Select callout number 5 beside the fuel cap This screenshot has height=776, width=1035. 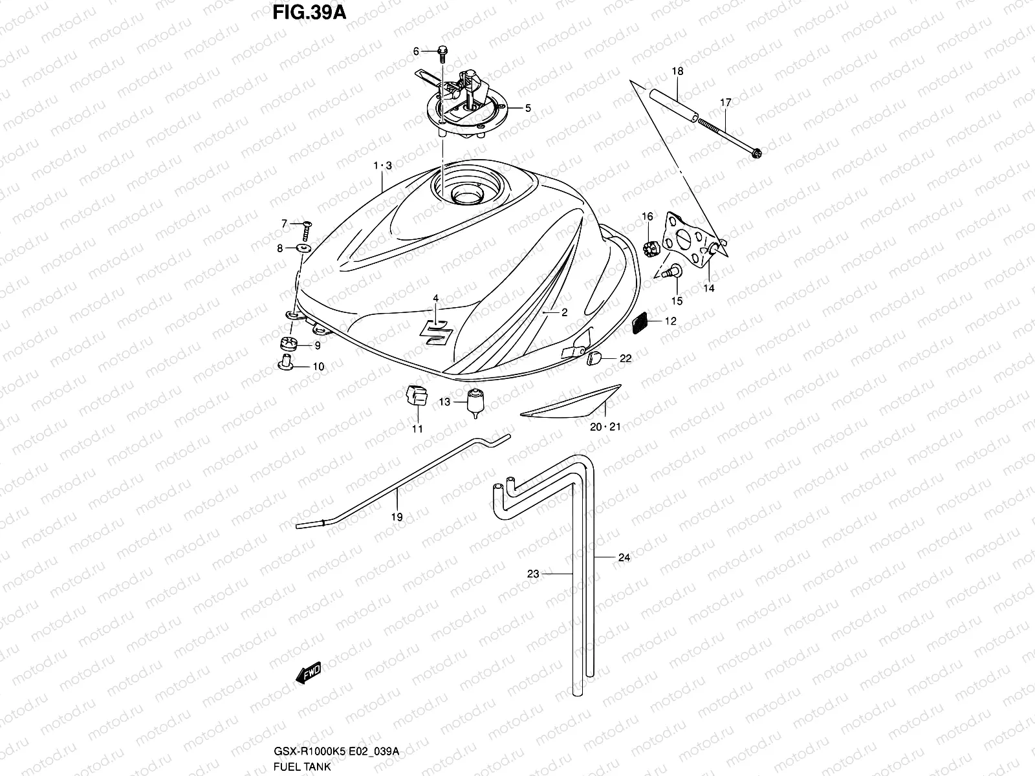[x=527, y=108]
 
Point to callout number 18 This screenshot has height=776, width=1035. [x=677, y=71]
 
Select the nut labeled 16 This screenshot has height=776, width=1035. [x=648, y=246]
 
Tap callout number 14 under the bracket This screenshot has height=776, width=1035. [x=709, y=288]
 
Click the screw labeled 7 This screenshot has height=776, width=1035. [x=307, y=226]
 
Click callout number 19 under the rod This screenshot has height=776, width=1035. [x=397, y=517]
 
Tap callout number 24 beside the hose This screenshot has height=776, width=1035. [x=624, y=557]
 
